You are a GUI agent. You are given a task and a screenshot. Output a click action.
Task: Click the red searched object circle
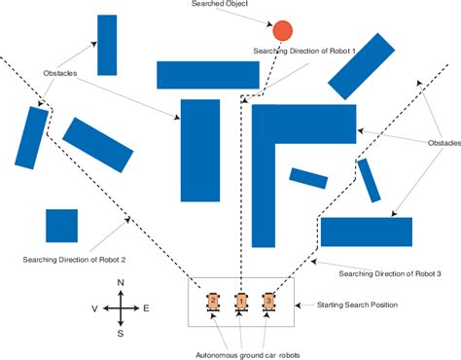pyautogui.click(x=282, y=30)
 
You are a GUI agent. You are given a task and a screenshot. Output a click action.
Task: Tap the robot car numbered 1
pyautogui.click(x=240, y=303)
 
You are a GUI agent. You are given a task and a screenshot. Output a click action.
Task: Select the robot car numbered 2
pyautogui.click(x=211, y=303)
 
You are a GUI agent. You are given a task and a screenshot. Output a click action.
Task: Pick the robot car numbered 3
pyautogui.click(x=269, y=303)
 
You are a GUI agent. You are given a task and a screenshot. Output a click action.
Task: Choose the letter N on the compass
pyautogui.click(x=120, y=282)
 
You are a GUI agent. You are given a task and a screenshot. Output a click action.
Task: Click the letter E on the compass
pyautogui.click(x=146, y=307)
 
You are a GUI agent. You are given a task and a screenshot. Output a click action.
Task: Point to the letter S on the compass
pyautogui.click(x=120, y=333)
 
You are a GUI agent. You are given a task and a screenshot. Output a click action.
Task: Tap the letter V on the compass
pyautogui.click(x=94, y=307)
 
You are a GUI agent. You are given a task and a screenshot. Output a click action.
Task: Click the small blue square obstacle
pyautogui.click(x=61, y=226)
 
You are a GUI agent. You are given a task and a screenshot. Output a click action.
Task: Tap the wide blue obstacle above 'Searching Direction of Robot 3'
pyautogui.click(x=367, y=232)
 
